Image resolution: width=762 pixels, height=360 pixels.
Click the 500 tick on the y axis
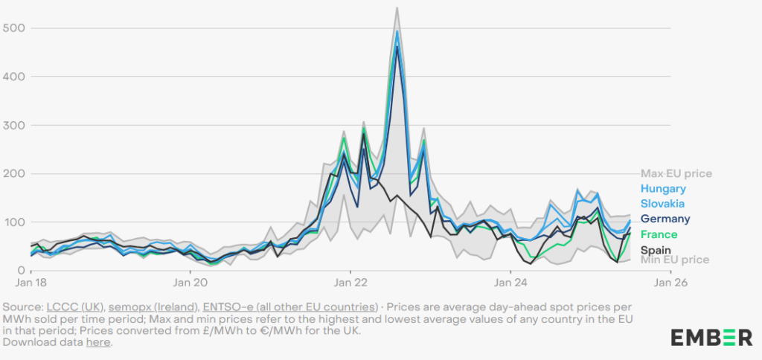pyautogui.click(x=13, y=28)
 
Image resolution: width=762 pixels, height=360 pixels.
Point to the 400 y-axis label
pyautogui.click(x=13, y=76)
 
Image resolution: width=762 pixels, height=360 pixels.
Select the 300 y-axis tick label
pyautogui.click(x=13, y=125)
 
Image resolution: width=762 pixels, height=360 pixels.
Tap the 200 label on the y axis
pyautogui.click(x=13, y=173)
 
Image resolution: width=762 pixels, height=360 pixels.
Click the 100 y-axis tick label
pyautogui.click(x=13, y=222)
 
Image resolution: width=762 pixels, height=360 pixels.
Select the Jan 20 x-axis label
pyautogui.click(x=190, y=283)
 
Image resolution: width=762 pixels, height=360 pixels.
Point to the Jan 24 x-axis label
pyautogui.click(x=511, y=283)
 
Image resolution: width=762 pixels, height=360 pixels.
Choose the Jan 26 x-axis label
pyautogui.click(x=670, y=283)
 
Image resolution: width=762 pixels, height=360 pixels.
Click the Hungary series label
pyautogui.click(x=662, y=189)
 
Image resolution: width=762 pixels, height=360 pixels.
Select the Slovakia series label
pyautogui.click(x=662, y=203)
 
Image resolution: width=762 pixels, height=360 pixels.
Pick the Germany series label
pyautogui.click(x=665, y=219)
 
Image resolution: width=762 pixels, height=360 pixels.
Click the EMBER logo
pyautogui.click(x=711, y=338)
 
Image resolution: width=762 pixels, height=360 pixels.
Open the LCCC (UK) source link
pyautogui.click(x=68, y=307)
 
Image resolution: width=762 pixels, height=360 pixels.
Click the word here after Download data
pyautogui.click(x=98, y=342)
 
